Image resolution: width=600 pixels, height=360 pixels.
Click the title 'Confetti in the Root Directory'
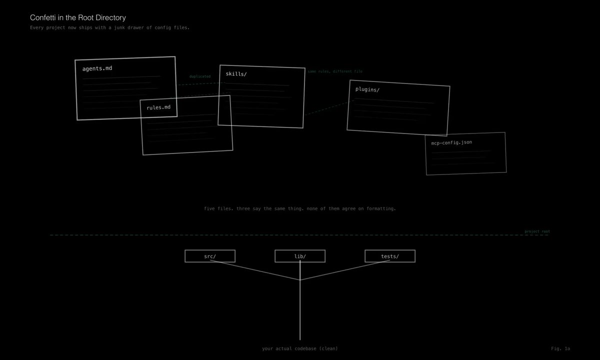[x=77, y=17]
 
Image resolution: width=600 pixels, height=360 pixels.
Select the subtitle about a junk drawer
[x=109, y=27]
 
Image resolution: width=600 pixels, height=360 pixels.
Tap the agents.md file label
[x=97, y=68]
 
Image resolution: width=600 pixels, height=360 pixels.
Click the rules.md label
[x=158, y=107]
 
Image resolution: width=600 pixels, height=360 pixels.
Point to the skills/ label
[x=236, y=74]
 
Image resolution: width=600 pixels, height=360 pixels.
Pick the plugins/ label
[x=367, y=89]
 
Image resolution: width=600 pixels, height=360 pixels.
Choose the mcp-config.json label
[x=451, y=142]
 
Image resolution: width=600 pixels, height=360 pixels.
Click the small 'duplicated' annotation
[x=200, y=76]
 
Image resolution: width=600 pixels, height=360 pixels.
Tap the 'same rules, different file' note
[x=335, y=71]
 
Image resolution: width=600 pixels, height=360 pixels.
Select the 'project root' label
[x=537, y=231]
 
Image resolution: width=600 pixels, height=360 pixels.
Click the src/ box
[x=210, y=256]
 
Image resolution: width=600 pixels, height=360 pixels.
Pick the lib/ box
[x=300, y=256]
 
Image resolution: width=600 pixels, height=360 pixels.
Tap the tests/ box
[x=390, y=256]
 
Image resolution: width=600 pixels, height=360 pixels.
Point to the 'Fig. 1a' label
[x=560, y=348]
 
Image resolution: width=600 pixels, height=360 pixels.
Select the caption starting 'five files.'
[x=300, y=208]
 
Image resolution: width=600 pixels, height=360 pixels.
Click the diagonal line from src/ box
[x=255, y=270]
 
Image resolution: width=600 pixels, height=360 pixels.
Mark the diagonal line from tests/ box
[x=345, y=270]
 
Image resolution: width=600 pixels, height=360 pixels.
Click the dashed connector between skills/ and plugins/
[x=328, y=108]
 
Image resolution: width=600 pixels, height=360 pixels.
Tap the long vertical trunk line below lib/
[x=300, y=310]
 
